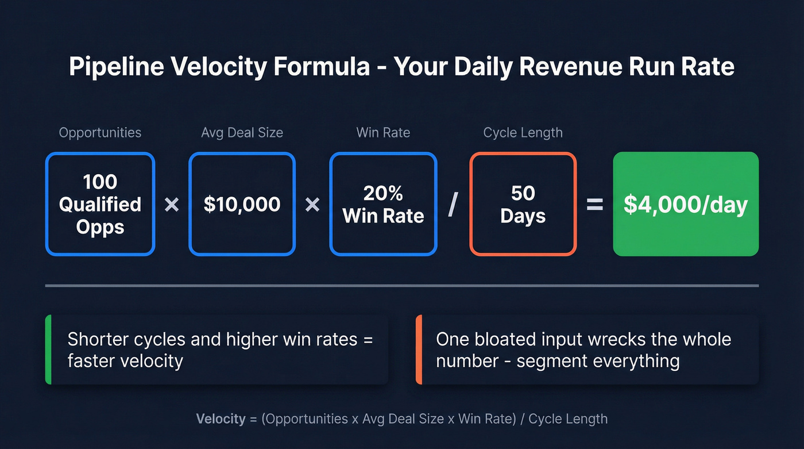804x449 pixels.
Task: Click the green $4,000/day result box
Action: coord(686,204)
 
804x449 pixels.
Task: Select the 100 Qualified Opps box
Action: coord(100,204)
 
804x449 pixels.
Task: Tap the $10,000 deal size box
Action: coord(242,204)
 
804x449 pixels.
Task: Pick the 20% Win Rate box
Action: coord(383,204)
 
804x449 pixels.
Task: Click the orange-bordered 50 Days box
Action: coord(523,204)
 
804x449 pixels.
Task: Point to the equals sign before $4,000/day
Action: coord(594,205)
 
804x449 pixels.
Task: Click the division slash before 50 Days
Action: coord(453,205)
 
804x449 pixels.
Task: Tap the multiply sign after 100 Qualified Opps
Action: coord(172,205)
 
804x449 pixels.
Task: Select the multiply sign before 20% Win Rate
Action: coord(312,205)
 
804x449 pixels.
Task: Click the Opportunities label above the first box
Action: coord(100,133)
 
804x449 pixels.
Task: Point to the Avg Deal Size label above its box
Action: coord(242,133)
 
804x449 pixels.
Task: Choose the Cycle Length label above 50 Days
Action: coord(523,133)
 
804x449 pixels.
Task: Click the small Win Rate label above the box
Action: coord(383,133)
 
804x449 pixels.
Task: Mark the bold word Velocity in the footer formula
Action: coord(221,419)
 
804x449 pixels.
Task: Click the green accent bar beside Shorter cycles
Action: coord(48,349)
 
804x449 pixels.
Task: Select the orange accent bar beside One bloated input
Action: coord(419,349)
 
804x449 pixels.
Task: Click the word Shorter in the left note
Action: coord(97,339)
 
